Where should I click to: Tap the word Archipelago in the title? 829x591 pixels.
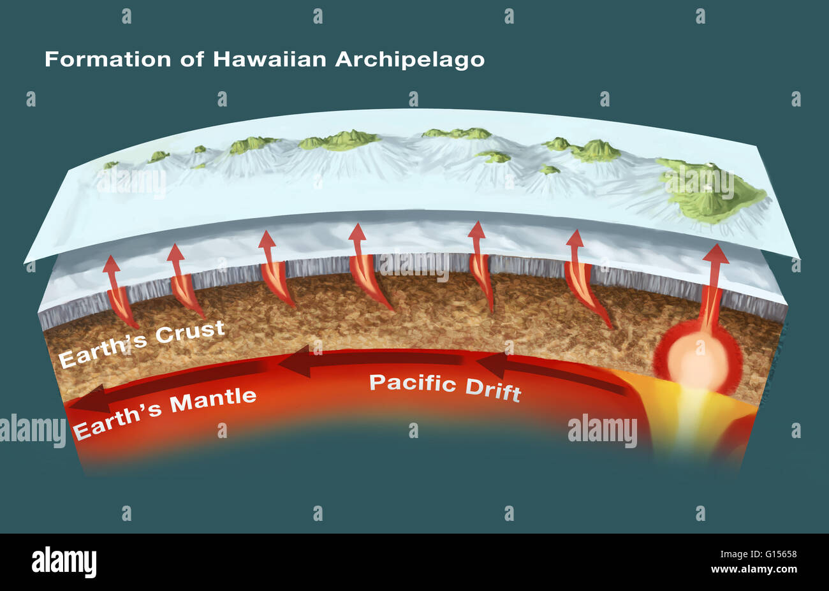tap(409, 60)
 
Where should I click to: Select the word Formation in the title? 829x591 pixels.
tap(108, 59)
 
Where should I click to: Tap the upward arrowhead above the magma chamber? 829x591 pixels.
tap(715, 253)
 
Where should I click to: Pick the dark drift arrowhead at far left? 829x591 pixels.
tap(86, 401)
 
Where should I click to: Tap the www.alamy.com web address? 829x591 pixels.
tap(754, 569)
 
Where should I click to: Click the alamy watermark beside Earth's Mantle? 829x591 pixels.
tap(32, 431)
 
